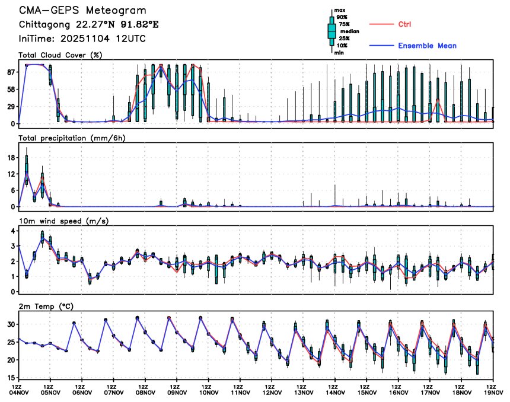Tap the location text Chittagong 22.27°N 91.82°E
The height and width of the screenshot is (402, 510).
click(x=89, y=25)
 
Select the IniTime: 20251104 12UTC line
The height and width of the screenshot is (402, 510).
click(x=82, y=39)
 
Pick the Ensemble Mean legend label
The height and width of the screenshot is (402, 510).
click(x=427, y=46)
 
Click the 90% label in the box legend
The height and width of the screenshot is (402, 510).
click(x=342, y=17)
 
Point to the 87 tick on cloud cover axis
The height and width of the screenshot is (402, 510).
click(x=11, y=72)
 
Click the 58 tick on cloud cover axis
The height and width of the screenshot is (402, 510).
click(x=11, y=89)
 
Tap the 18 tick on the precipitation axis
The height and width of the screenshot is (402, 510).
click(x=11, y=158)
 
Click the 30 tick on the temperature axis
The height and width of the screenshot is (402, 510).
click(x=11, y=324)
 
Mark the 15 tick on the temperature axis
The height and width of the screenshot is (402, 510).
click(x=11, y=377)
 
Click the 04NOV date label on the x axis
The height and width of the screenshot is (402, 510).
click(x=19, y=392)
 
